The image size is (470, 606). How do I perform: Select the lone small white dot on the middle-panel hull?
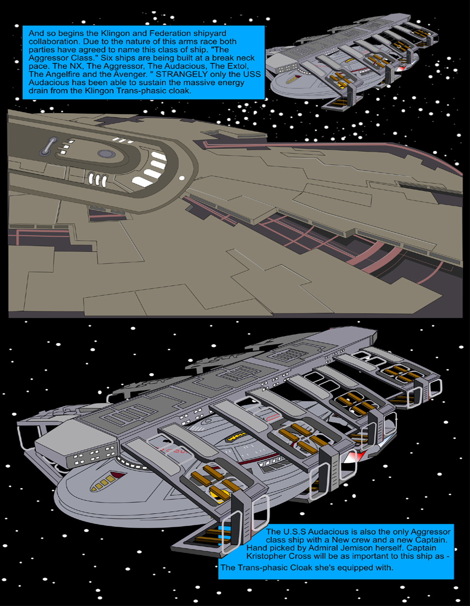(x=182, y=178)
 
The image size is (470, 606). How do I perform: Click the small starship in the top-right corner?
(x=353, y=58)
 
